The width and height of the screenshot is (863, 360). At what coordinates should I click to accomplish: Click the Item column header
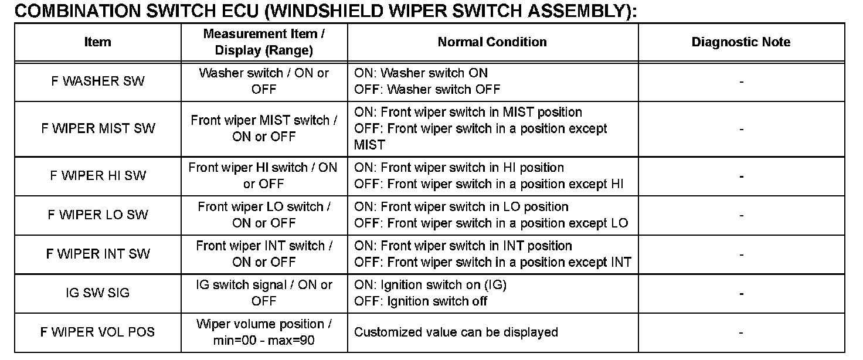tap(97, 42)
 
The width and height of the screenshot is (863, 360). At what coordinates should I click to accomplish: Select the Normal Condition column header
tap(492, 42)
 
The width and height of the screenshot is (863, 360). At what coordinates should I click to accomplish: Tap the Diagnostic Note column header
tap(740, 42)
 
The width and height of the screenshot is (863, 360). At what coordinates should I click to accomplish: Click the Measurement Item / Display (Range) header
tap(264, 42)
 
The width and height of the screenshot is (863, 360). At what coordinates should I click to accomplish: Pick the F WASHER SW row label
tap(97, 81)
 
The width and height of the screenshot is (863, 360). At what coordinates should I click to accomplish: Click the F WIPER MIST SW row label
tap(97, 128)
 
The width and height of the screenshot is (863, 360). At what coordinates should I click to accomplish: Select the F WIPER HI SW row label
tap(97, 175)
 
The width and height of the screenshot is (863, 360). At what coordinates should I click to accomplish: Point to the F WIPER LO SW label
tap(97, 215)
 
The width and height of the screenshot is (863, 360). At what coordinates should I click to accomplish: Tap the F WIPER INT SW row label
tap(97, 254)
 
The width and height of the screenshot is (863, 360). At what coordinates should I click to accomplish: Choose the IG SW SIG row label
tap(97, 293)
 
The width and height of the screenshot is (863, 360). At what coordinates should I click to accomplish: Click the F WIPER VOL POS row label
tap(97, 332)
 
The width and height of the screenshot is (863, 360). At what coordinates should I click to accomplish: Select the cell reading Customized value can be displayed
tap(456, 332)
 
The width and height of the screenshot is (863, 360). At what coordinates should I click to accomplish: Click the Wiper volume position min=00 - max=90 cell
tap(264, 332)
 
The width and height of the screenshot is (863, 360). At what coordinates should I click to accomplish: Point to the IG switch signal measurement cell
tap(264, 293)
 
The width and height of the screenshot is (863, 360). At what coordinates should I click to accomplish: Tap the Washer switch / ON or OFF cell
tap(264, 81)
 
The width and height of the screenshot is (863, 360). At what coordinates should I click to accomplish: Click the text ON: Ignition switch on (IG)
tap(430, 285)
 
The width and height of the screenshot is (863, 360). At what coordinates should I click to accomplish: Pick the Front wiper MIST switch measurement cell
tap(264, 128)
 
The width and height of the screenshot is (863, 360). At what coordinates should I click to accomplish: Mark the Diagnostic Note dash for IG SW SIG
tap(741, 293)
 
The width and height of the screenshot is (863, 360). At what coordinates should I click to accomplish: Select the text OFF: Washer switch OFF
tap(427, 90)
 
